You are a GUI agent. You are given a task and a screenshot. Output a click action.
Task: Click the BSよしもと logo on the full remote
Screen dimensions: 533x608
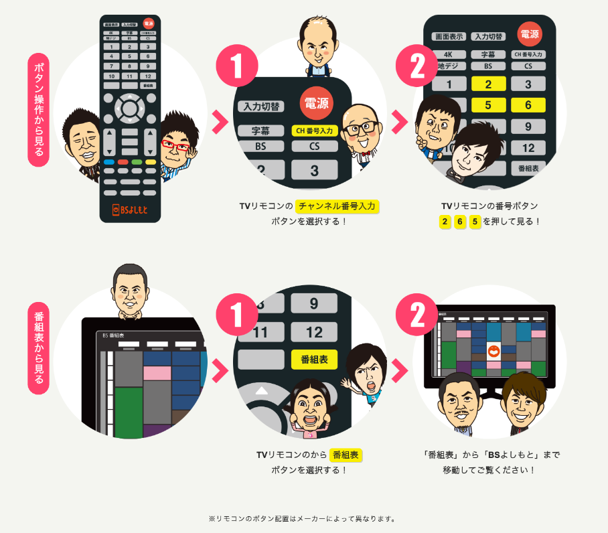tap(130, 210)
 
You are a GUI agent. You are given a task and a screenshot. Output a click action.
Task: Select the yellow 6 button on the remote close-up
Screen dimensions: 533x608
tap(528, 104)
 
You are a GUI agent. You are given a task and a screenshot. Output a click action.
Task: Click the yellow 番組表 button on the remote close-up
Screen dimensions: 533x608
tap(314, 359)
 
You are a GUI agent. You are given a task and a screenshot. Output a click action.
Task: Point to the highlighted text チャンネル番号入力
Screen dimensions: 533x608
tap(337, 206)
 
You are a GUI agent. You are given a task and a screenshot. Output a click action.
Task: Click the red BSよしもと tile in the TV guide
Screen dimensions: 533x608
tap(493, 350)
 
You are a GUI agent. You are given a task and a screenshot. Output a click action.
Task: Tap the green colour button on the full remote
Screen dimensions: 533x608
tap(137, 162)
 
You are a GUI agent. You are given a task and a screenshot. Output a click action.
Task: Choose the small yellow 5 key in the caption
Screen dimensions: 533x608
tap(475, 222)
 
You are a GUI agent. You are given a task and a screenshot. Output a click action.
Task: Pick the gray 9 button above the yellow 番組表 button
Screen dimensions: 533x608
tap(314, 303)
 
